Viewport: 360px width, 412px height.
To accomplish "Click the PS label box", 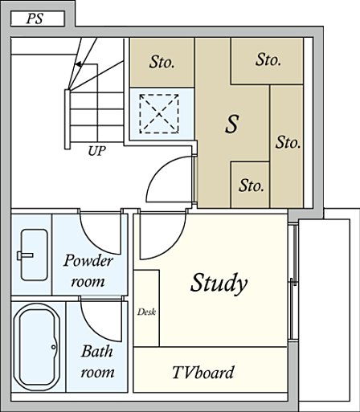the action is click(38, 18).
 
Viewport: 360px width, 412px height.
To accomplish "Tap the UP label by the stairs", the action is click(97, 151).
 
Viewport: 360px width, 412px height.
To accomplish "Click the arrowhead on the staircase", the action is click(78, 64).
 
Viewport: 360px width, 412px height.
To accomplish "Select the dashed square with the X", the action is click(159, 114).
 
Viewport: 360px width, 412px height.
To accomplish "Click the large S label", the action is click(232, 124).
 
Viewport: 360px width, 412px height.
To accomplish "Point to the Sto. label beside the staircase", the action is click(162, 62).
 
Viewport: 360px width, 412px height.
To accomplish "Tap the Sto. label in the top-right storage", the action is click(268, 59).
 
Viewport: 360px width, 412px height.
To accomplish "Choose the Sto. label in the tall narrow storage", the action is click(288, 142).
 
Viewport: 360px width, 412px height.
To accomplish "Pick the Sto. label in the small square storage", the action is click(252, 186).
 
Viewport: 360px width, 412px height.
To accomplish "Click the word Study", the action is click(219, 283).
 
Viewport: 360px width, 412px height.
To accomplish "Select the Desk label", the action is click(146, 312).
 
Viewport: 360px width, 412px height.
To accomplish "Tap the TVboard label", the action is click(203, 373).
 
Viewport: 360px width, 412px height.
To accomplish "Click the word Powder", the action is click(88, 260).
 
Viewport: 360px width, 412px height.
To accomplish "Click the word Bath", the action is click(96, 351).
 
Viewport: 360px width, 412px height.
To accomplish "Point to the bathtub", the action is click(37, 347).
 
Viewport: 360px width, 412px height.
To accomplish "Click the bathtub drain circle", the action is click(54, 347).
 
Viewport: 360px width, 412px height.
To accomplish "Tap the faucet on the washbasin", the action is click(25, 255).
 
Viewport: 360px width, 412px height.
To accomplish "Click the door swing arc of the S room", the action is click(156, 173).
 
